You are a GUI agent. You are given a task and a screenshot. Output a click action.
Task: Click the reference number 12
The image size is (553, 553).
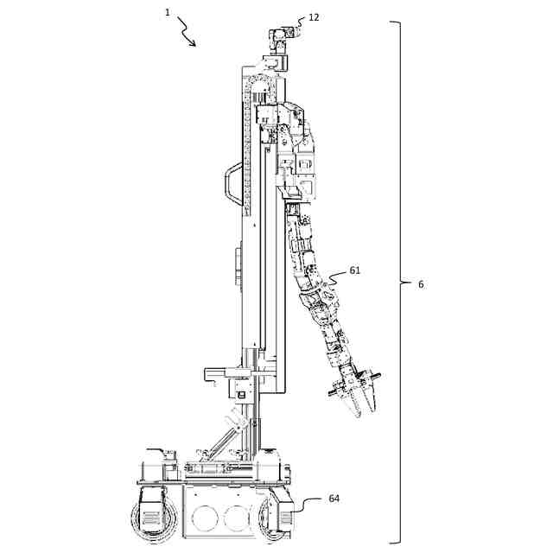click(313, 16)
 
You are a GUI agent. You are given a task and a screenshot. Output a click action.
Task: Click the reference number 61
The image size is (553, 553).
click(354, 270)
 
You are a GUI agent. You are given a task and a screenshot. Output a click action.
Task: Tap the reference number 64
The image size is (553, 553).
click(335, 499)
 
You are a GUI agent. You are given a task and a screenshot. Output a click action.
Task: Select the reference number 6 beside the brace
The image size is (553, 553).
click(421, 284)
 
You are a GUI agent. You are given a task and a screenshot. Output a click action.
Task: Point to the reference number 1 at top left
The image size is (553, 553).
click(167, 12)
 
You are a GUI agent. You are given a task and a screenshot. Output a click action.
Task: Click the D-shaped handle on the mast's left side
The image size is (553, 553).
click(228, 184)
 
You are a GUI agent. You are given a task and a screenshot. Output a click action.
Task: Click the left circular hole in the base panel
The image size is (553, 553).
click(204, 517)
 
